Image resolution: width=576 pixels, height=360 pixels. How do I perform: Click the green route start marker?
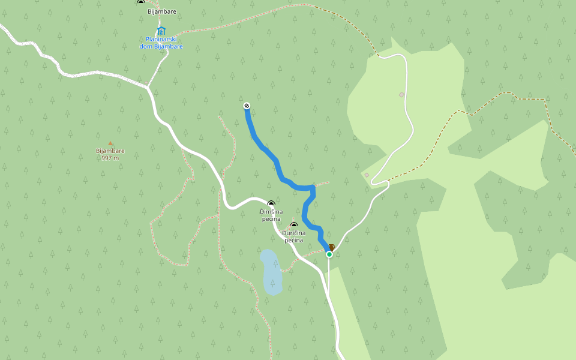(329, 254)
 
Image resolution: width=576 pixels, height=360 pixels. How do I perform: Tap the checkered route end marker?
(247, 106)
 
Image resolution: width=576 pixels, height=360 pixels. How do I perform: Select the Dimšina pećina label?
(271, 215)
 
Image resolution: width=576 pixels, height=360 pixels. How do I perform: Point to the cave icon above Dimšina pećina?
(271, 204)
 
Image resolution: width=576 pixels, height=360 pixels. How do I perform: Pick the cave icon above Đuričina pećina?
(294, 226)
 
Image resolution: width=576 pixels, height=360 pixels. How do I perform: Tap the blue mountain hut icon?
(161, 31)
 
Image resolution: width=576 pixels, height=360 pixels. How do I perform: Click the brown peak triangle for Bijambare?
(110, 143)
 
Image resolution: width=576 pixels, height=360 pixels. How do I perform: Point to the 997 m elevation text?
(110, 158)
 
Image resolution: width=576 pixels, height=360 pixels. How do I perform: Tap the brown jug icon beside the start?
(331, 247)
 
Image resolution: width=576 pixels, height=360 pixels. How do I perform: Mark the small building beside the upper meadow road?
(401, 95)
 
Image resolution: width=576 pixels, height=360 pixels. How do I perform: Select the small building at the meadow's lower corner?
(367, 175)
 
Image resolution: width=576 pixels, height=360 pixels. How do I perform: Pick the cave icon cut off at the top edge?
(141, 2)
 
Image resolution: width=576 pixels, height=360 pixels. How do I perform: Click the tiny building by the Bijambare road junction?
(146, 83)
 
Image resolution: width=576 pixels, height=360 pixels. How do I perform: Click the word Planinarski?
(160, 40)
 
